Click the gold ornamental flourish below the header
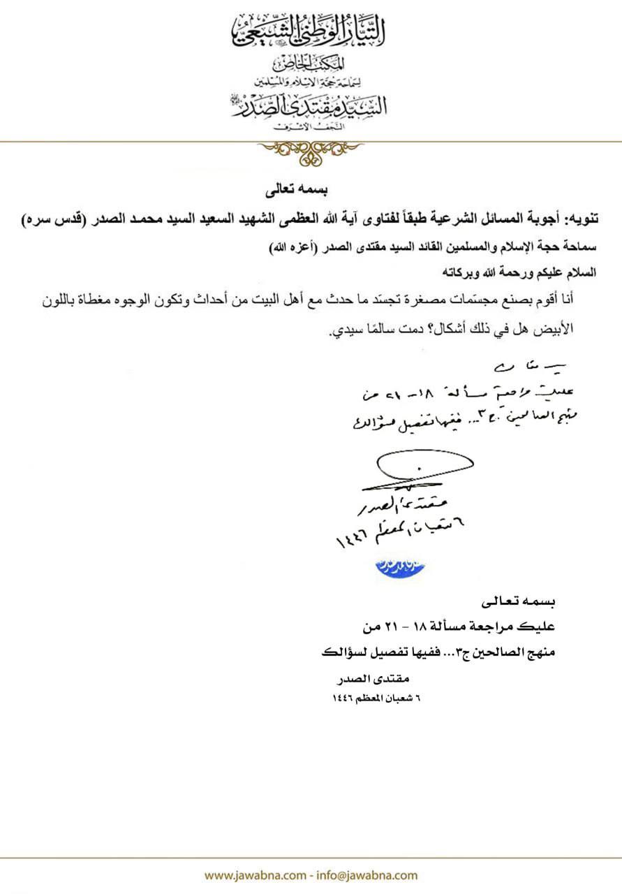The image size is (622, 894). tap(310, 151)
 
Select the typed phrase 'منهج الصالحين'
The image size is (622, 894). tap(504, 654)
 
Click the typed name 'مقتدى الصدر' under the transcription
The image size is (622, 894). tap(377, 680)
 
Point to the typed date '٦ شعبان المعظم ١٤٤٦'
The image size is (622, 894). tap(378, 698)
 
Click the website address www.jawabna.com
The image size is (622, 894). tap(255, 875)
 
